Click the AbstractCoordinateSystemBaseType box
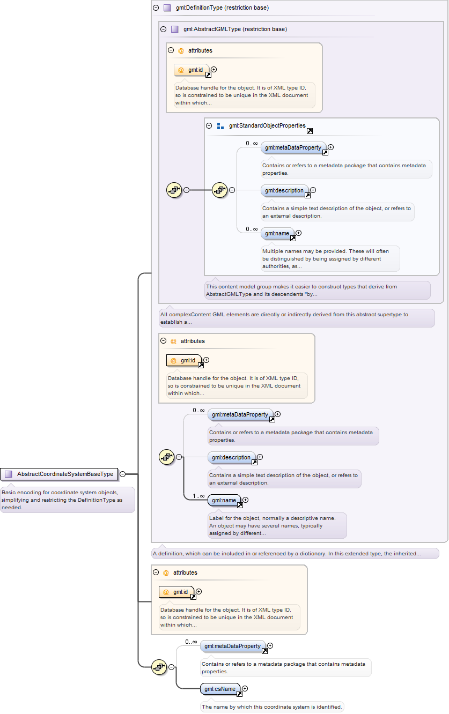tap(59, 474)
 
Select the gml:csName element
tap(220, 689)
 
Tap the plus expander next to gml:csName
tap(245, 688)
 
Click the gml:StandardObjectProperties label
tap(267, 125)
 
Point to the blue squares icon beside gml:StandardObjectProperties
tap(220, 126)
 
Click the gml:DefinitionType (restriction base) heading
tap(222, 8)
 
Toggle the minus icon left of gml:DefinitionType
tap(156, 8)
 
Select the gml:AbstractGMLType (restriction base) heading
tap(235, 29)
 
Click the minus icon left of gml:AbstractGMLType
tap(163, 29)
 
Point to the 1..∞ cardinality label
tap(198, 496)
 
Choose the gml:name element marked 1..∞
tap(224, 500)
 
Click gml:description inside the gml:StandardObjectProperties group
tap(284, 190)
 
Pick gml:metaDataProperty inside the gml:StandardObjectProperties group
tap(293, 147)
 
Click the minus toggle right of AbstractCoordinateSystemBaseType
tap(122, 474)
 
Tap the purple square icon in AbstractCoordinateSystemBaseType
tap(9, 474)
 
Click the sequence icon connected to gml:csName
tap(159, 667)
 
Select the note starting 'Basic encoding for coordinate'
tap(67, 500)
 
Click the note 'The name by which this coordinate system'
tap(272, 706)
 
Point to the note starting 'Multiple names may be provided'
tap(330, 258)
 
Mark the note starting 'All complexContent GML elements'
tap(297, 318)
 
